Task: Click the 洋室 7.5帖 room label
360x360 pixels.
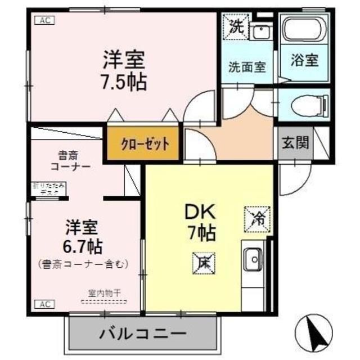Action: [x=124, y=71]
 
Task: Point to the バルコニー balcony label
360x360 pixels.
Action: [x=143, y=333]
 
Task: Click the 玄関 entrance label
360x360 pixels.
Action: [x=295, y=143]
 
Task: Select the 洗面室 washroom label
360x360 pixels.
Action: [x=246, y=66]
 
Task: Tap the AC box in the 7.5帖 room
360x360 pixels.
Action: [x=44, y=20]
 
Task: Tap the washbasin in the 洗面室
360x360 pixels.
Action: [x=260, y=33]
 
